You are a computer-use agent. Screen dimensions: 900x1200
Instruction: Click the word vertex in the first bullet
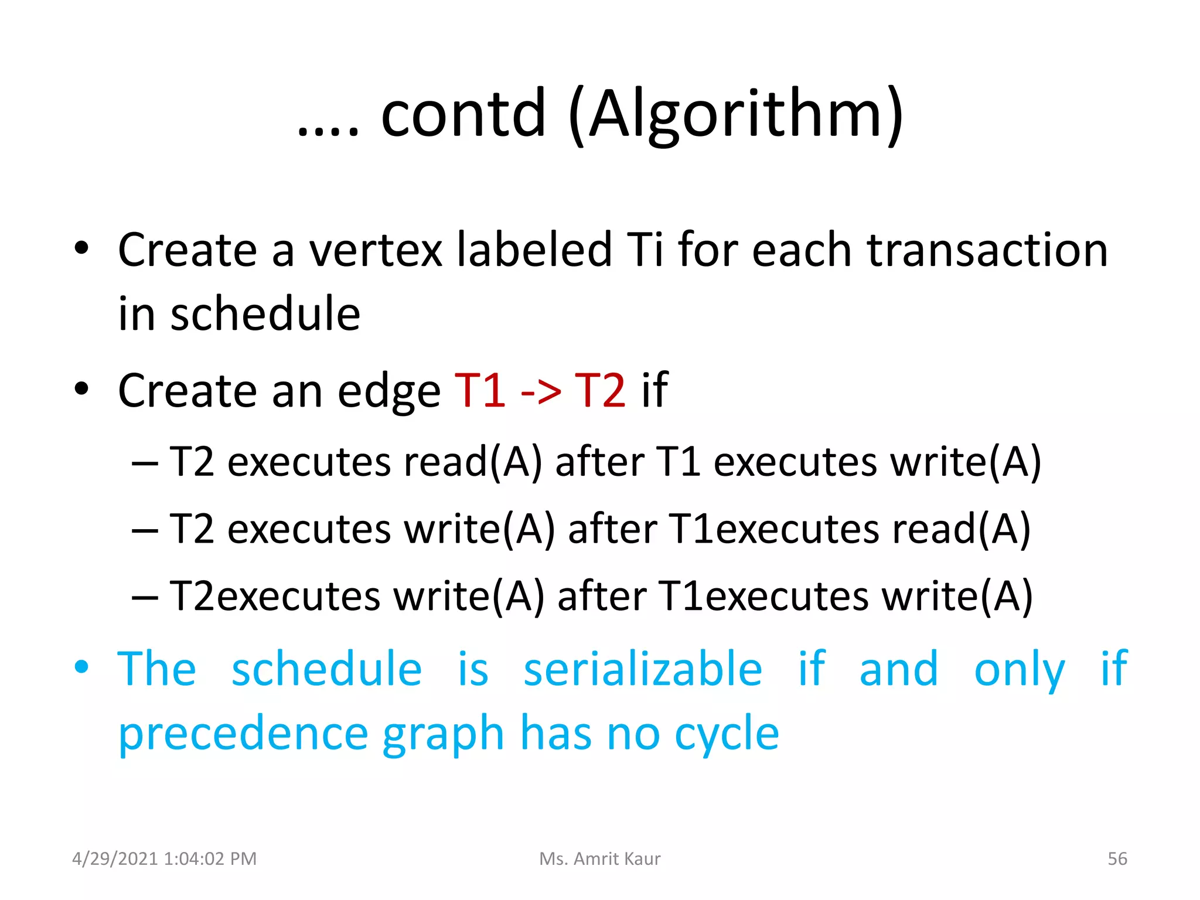coord(375,250)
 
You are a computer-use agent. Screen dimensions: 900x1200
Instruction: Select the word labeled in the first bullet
coord(534,250)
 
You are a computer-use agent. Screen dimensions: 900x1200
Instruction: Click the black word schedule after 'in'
coord(265,315)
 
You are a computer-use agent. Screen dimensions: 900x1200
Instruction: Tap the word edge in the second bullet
coord(388,391)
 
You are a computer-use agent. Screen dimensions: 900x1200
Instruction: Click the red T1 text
coord(480,390)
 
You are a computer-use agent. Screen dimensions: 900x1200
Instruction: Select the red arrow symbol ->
coord(540,391)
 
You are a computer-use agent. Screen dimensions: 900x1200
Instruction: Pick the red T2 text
coord(600,390)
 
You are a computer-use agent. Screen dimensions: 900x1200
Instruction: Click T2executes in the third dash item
coord(275,596)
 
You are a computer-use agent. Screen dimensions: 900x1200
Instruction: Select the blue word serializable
coord(642,669)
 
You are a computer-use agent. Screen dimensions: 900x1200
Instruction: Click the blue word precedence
coord(243,734)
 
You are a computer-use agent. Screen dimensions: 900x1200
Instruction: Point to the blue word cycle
coord(727,735)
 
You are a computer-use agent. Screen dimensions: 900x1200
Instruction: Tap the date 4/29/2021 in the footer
coord(115,859)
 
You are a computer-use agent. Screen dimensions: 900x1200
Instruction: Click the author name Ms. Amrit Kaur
coord(599,859)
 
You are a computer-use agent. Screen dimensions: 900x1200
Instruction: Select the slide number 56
coord(1117,859)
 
